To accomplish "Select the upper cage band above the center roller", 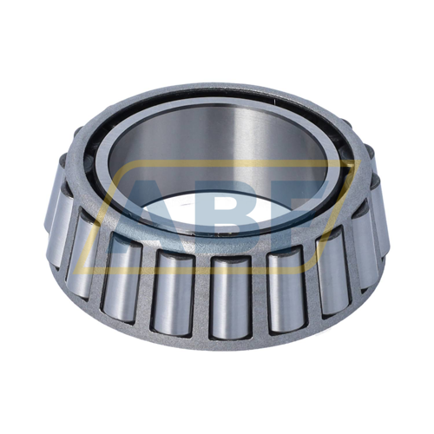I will coord(227,247).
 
